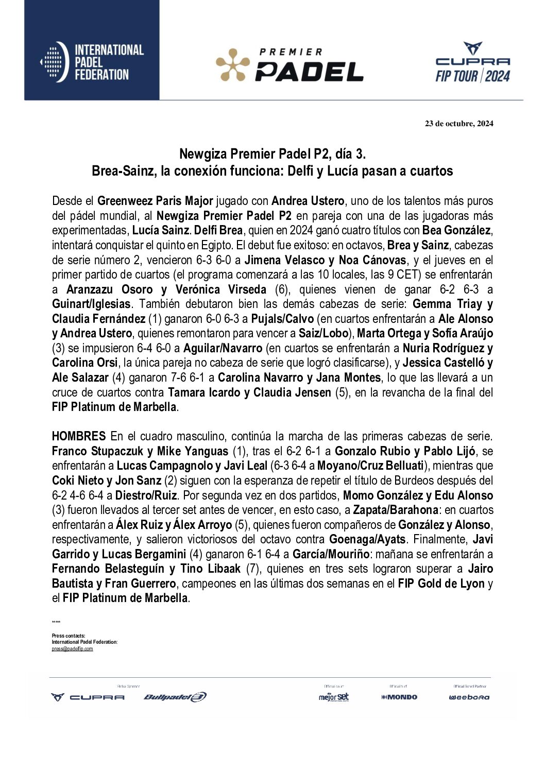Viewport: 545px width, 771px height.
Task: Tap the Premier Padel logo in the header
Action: [289, 65]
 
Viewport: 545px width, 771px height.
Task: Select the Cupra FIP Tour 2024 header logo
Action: [472, 63]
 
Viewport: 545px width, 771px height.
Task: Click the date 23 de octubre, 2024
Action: [458, 124]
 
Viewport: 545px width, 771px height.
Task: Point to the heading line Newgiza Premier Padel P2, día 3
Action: [272, 154]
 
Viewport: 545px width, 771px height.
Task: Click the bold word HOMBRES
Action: [78, 437]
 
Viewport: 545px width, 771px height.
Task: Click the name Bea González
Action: [457, 230]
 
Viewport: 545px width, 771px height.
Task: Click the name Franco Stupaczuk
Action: [97, 452]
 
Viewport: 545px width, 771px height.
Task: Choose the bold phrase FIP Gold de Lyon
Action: [441, 584]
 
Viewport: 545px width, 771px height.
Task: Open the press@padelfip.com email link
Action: [72, 649]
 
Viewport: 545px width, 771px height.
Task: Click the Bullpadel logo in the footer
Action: [175, 697]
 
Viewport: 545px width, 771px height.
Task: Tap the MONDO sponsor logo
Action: [399, 697]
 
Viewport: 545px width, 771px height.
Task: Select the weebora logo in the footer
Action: [469, 697]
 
